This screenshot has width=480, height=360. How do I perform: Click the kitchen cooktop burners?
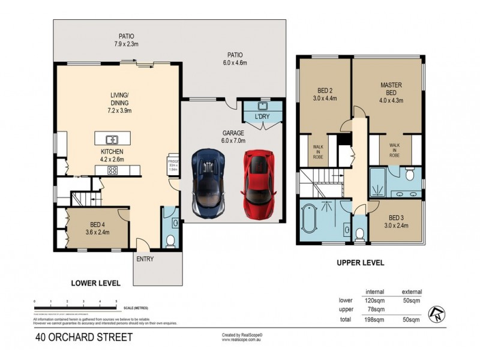(x=112, y=170)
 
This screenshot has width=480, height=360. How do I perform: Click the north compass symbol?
(x=436, y=313)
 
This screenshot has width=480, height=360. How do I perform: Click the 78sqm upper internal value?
(x=375, y=310)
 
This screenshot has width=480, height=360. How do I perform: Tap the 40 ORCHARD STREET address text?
(x=83, y=337)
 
